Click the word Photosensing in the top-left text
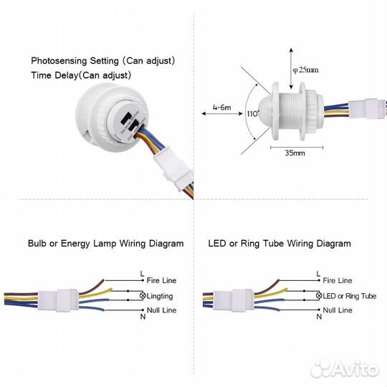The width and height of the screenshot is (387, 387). (59, 61)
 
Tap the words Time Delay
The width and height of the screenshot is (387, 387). (54, 75)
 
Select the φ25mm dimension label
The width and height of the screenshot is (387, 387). (305, 70)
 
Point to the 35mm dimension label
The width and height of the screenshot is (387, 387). (295, 153)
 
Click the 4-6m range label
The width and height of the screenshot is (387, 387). (222, 107)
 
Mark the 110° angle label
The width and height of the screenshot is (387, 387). (253, 114)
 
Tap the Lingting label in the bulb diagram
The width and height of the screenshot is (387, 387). (160, 296)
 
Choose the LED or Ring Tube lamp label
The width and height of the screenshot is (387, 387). (350, 296)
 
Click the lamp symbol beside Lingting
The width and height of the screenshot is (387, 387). (143, 295)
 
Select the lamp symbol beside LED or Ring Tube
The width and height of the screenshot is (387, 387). (319, 295)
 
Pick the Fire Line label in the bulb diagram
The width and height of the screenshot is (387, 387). (161, 280)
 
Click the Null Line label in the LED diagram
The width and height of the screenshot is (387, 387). (338, 310)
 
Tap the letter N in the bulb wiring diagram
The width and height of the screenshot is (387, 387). (143, 317)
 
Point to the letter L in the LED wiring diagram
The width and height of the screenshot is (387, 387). (318, 274)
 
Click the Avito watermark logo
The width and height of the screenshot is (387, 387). (345, 369)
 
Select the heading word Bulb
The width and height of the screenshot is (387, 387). (37, 244)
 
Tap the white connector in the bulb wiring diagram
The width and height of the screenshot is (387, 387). (58, 300)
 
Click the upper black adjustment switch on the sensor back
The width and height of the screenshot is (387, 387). (126, 119)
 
